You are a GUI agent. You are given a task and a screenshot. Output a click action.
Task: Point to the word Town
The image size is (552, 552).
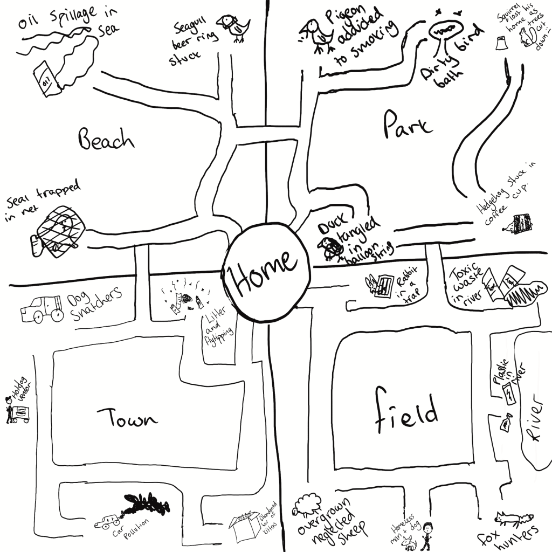127,419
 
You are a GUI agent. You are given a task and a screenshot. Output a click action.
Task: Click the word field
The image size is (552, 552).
405,412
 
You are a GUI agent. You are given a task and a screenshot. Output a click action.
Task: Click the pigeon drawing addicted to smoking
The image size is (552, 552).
318,35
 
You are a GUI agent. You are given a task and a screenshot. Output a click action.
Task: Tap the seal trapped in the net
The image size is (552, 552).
59,231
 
